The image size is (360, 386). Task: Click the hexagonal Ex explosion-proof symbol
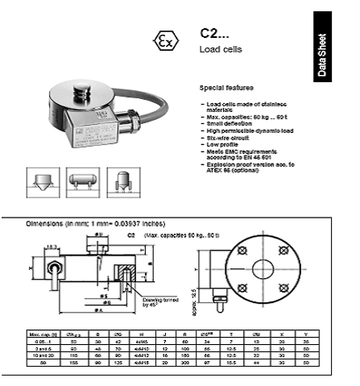[x=165, y=41]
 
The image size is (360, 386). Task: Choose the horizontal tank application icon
[x=81, y=178]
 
